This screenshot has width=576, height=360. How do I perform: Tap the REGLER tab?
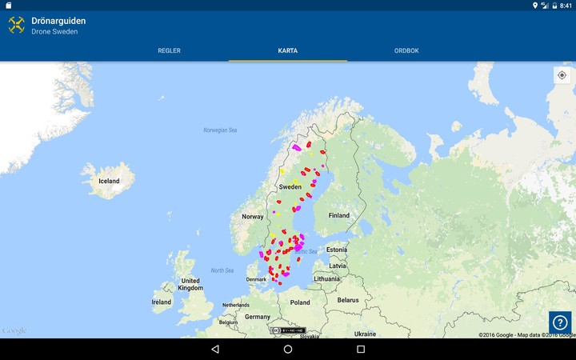(169, 50)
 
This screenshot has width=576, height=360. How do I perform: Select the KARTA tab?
(288, 50)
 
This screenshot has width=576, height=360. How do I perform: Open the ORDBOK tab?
(406, 50)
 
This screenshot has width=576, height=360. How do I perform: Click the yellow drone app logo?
(16, 26)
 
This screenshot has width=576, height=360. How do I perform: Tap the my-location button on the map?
(562, 75)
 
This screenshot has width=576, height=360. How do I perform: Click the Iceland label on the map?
(109, 181)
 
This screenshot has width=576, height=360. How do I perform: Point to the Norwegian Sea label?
(221, 130)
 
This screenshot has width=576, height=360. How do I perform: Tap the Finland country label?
(338, 215)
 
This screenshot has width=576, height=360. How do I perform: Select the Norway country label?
(253, 216)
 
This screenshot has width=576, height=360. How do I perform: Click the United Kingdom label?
(190, 284)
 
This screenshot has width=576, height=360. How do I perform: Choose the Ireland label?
(162, 302)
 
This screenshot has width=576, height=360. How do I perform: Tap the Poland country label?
(300, 302)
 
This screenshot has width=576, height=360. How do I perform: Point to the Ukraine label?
(366, 333)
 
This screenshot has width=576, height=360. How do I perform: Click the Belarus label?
(348, 299)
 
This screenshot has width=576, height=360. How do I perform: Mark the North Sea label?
(222, 270)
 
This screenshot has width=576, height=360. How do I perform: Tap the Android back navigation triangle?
(215, 350)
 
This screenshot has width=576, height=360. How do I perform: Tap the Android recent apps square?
(361, 350)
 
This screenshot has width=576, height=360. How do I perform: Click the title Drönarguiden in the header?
(58, 20)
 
